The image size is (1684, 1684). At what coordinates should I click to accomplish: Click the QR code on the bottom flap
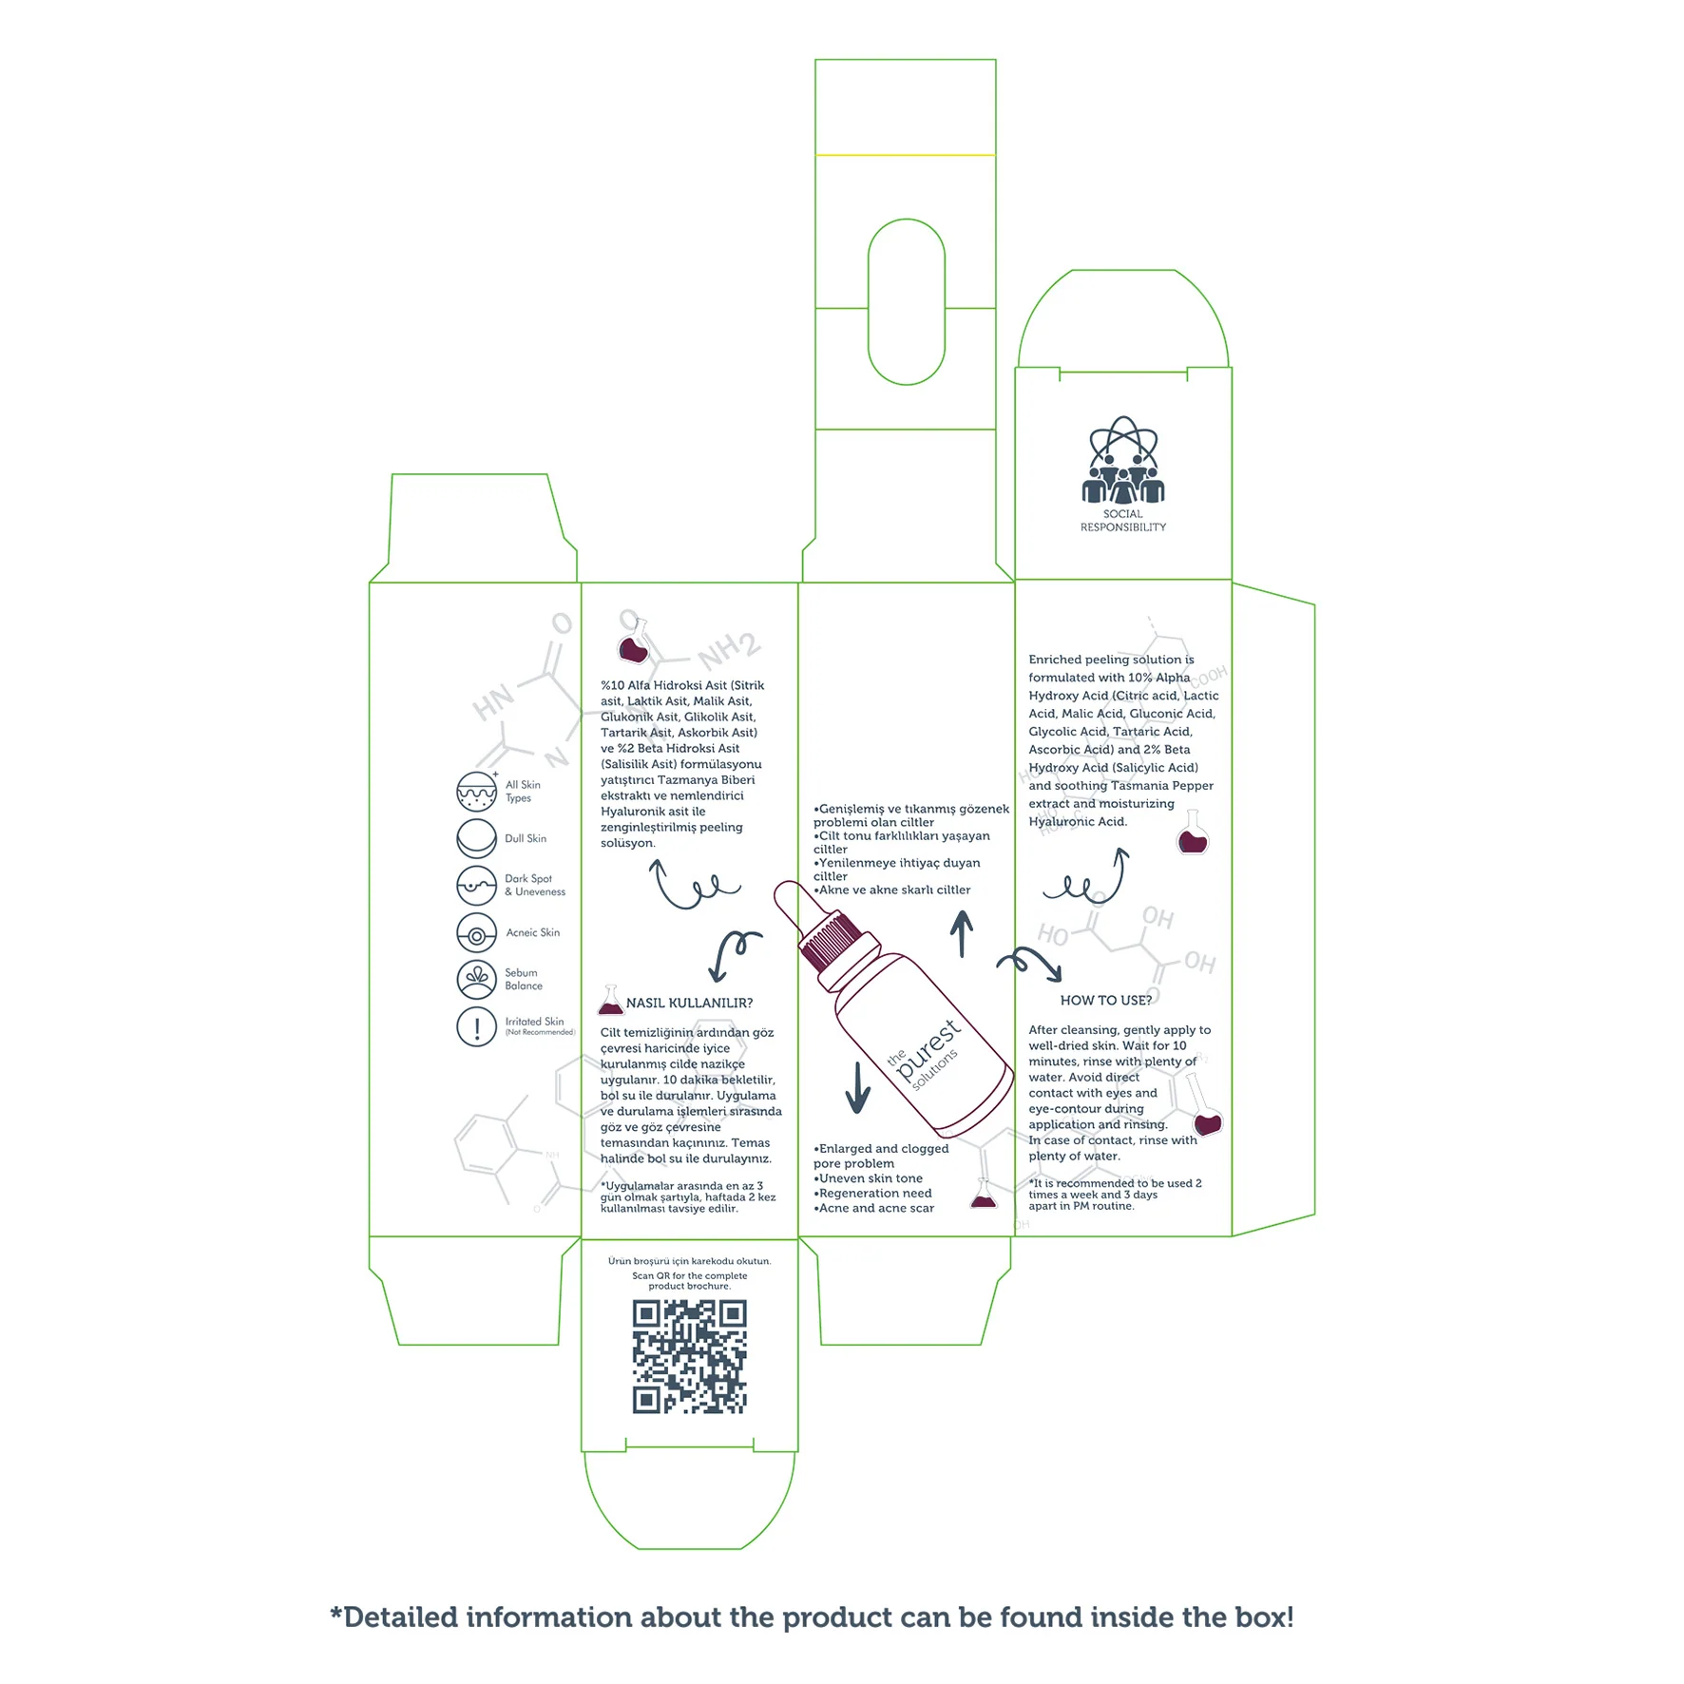coord(689,1356)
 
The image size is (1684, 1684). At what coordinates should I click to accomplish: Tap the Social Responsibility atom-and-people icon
coord(1122,460)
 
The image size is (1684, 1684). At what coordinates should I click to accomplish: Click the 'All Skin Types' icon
coord(476,791)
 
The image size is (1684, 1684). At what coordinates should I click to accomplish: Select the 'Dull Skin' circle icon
coord(476,838)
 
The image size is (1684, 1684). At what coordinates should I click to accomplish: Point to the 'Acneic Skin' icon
coord(476,933)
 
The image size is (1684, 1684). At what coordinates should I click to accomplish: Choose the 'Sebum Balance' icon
coord(476,979)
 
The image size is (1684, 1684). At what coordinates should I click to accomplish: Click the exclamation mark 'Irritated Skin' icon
coord(476,1026)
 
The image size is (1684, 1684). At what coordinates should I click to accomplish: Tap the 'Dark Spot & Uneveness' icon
coord(476,885)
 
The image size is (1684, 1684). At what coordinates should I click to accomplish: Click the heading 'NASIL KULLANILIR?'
coord(689,1004)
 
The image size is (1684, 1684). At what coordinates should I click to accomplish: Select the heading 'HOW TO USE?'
coord(1105,1001)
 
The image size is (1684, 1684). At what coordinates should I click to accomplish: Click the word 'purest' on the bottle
coord(928,1048)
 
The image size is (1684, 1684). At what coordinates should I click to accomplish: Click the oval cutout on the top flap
coord(906,302)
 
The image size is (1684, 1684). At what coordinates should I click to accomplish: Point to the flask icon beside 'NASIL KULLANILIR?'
coord(610,1001)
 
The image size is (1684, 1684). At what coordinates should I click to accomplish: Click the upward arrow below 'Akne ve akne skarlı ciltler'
coord(962,933)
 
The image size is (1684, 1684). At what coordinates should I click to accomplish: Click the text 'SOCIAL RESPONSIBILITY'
coord(1122,521)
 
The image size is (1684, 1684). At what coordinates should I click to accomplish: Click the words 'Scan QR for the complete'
coord(689,1276)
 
